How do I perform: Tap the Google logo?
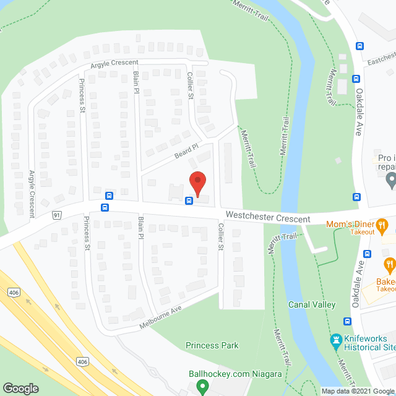pos(20,388)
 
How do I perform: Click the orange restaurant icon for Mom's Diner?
pos(382,225)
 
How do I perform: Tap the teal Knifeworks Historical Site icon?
pos(336,340)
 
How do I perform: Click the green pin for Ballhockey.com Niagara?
pos(202,387)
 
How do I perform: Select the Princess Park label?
pos(212,345)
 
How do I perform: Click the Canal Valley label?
pos(312,304)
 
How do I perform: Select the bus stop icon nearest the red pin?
pos(189,200)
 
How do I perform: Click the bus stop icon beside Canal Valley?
pos(346,321)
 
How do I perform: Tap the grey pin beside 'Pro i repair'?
pos(390,181)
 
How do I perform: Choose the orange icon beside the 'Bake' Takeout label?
pos(390,266)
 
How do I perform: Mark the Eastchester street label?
pos(380,61)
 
